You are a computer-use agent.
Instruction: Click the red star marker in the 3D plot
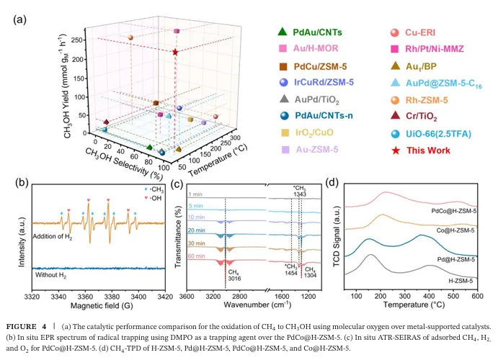[x=175, y=52]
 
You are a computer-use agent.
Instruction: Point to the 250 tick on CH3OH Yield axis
[x=91, y=34]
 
